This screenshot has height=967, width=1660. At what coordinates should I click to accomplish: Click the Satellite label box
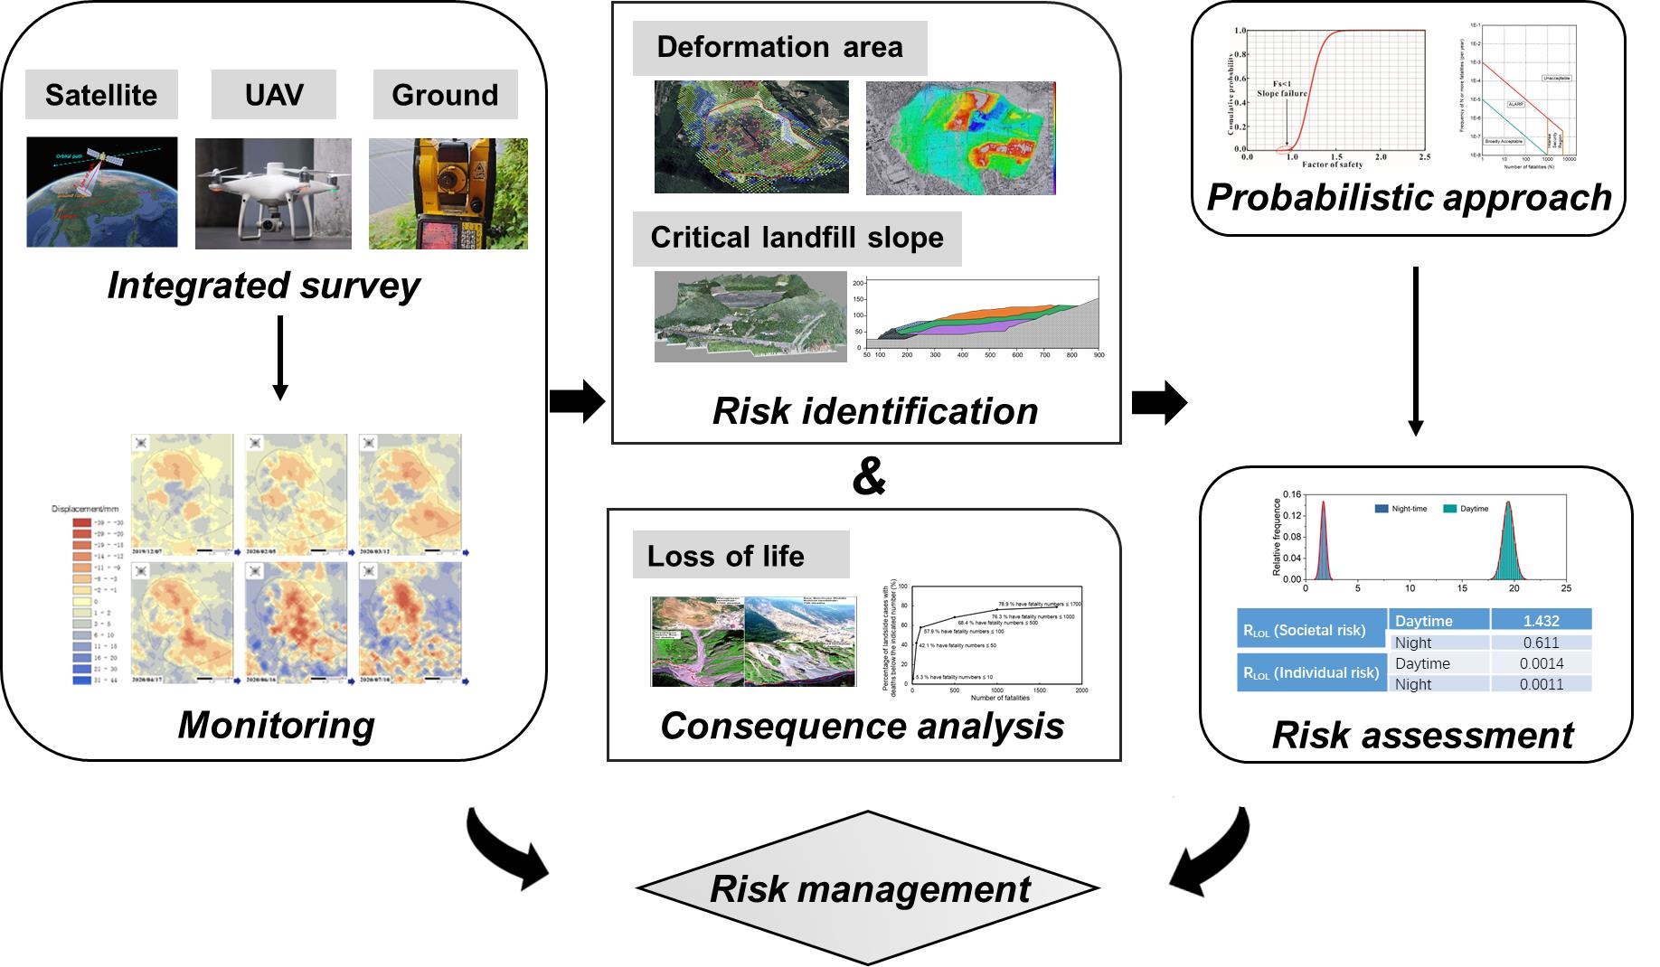point(101,95)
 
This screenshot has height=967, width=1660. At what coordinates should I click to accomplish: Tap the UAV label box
point(274,95)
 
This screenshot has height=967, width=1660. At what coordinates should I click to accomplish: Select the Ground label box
point(445,95)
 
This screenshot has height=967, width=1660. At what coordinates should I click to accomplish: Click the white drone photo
point(273,194)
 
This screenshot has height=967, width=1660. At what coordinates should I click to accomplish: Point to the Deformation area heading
point(779,48)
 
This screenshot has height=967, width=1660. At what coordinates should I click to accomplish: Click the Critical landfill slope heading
point(797,238)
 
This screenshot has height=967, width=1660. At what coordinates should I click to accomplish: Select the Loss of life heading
point(727,555)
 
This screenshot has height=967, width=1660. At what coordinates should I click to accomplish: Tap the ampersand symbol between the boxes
point(868,477)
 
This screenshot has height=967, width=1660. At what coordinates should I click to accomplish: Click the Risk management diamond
point(869,888)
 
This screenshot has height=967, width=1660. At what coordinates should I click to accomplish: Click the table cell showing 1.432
point(1541,621)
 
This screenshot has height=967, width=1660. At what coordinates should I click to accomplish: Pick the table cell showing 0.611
point(1541,643)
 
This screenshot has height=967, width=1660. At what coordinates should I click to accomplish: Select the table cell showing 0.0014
point(1541,663)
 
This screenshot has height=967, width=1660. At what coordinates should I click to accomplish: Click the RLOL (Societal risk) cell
point(1311,631)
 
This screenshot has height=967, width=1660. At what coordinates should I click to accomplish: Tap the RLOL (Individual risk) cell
point(1311,672)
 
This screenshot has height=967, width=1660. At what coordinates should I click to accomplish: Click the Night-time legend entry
point(1401,509)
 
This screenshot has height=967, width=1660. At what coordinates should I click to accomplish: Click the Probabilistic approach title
point(1409,197)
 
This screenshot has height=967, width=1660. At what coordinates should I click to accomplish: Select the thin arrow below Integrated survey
point(280,358)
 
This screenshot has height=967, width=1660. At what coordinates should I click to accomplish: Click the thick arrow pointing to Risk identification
point(577,401)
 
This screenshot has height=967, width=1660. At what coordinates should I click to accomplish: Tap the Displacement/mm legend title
point(86,509)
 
